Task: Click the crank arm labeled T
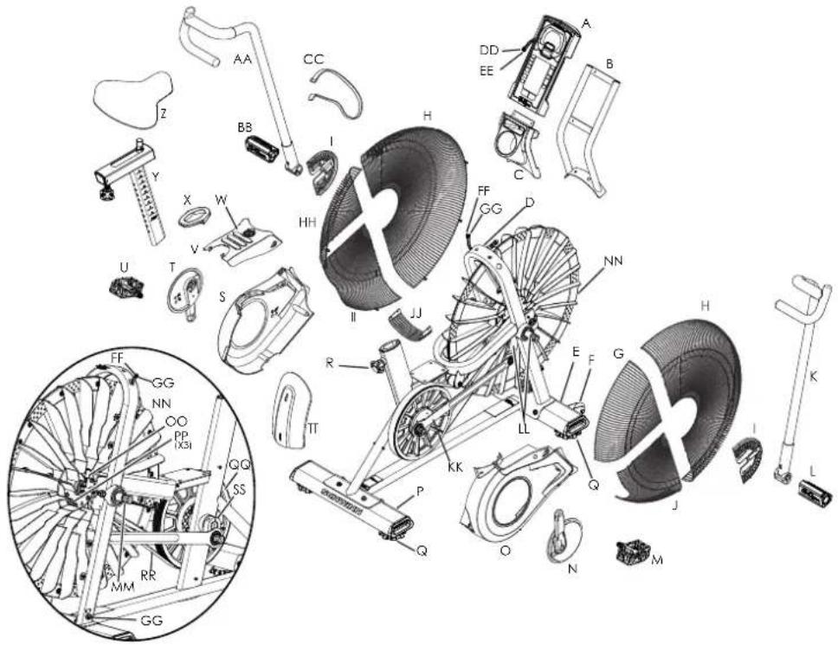183,290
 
